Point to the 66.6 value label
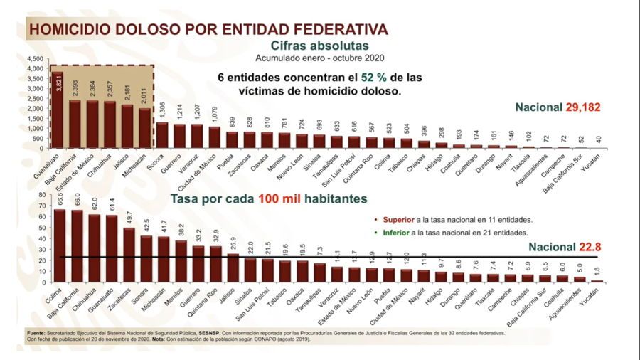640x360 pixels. click(60, 200)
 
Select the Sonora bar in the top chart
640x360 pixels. click(163, 135)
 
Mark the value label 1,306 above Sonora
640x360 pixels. click(163, 112)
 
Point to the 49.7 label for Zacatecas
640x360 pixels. click(129, 218)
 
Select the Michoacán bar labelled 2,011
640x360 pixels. click(145, 128)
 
